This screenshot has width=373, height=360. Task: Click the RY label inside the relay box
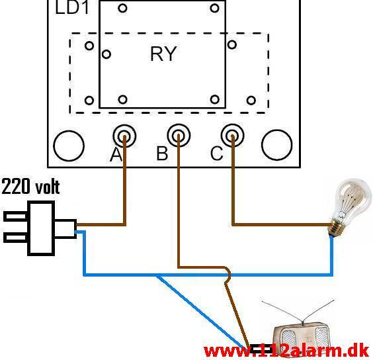[163, 54]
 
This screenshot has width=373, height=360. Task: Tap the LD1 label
[72, 7]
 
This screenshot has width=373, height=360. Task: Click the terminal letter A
[116, 154]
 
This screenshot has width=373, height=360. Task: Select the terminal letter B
[162, 153]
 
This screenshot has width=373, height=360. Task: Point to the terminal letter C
[217, 154]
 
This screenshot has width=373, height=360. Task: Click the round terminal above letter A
[124, 136]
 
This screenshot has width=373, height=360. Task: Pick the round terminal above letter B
[179, 135]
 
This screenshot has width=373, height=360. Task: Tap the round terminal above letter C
[233, 135]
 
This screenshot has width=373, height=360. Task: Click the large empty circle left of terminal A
[69, 146]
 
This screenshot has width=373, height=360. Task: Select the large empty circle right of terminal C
[277, 145]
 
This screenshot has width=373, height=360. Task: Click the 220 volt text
[30, 187]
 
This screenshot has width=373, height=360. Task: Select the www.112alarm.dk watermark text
[288, 351]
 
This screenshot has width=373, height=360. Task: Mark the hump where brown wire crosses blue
[228, 275]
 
